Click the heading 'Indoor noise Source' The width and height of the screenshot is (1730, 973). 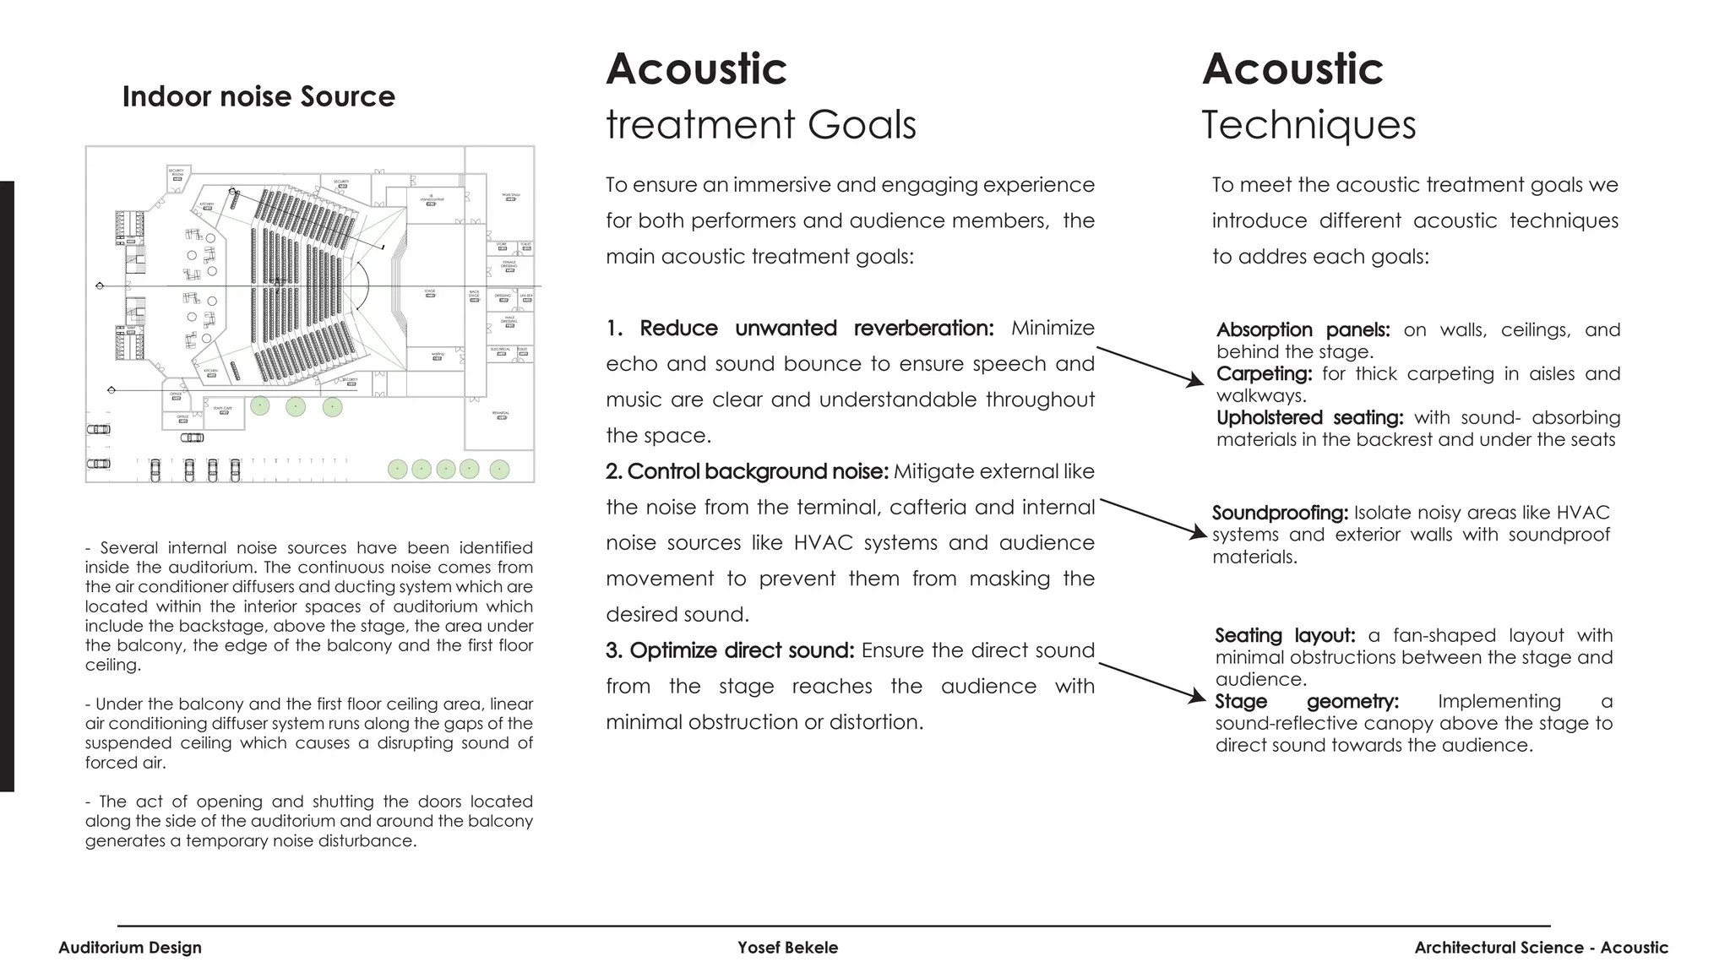point(258,96)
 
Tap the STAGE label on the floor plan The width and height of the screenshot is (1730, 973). point(430,291)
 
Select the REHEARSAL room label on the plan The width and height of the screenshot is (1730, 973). point(501,413)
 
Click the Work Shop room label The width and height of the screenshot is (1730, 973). point(511,195)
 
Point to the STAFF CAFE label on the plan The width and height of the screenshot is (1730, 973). point(223,408)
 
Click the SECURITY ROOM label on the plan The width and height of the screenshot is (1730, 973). point(177,172)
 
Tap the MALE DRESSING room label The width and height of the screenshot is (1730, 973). point(509,319)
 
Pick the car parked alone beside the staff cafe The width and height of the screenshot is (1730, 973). point(193,438)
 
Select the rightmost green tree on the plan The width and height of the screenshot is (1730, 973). point(499,469)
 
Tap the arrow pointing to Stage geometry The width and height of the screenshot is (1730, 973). point(1153,680)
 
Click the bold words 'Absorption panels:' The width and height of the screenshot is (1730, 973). point(1303,330)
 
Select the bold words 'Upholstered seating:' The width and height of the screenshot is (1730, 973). point(1309,418)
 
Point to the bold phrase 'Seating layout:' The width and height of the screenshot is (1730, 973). point(1285,636)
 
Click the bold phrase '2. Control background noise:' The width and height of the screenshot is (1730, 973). point(747,472)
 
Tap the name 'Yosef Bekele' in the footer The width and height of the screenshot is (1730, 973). point(787,948)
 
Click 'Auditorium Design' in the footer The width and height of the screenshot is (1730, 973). point(130,948)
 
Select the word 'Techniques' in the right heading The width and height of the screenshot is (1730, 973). point(1308,125)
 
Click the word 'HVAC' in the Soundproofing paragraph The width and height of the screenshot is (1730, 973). point(1583,514)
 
